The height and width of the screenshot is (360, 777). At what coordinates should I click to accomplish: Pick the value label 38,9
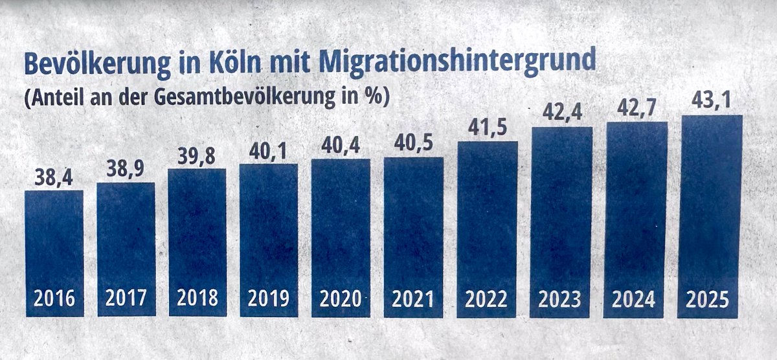click(x=126, y=170)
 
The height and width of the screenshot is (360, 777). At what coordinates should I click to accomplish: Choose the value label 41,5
click(x=486, y=129)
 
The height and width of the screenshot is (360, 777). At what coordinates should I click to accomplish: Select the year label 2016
click(x=54, y=299)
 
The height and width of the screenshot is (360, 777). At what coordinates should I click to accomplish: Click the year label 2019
click(x=269, y=299)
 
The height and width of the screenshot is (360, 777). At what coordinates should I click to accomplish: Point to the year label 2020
click(x=341, y=300)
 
